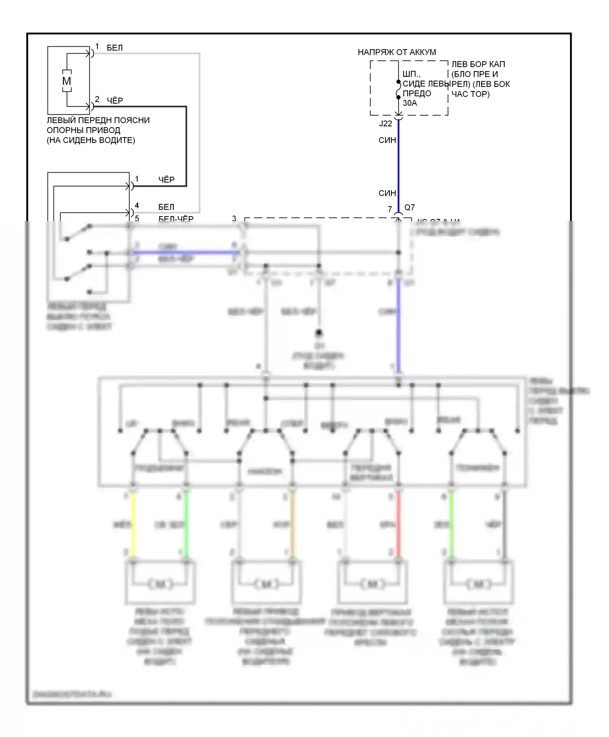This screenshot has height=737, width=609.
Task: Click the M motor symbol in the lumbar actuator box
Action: click(x=67, y=81)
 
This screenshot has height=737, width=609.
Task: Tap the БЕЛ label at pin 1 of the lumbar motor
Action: click(x=114, y=48)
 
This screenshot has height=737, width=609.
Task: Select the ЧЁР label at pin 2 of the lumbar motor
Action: click(x=115, y=100)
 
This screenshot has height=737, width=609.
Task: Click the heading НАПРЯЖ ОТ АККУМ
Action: click(x=397, y=52)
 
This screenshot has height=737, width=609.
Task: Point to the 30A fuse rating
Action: click(x=410, y=103)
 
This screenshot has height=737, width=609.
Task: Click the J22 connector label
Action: click(x=385, y=124)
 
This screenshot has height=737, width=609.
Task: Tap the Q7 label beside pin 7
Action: click(x=410, y=207)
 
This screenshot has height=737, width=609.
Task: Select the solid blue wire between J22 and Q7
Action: click(x=398, y=167)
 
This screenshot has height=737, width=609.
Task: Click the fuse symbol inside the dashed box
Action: click(x=398, y=90)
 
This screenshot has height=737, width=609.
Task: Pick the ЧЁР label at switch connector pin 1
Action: click(x=166, y=180)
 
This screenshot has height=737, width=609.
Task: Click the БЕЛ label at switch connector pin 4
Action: click(x=166, y=207)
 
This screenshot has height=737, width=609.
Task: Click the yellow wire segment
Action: click(x=133, y=524)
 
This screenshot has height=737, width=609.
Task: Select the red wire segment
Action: click(x=398, y=524)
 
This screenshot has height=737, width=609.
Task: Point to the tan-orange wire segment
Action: click(x=292, y=524)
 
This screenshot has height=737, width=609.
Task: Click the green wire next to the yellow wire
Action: click(x=186, y=524)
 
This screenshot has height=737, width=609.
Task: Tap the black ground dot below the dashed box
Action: click(x=319, y=333)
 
